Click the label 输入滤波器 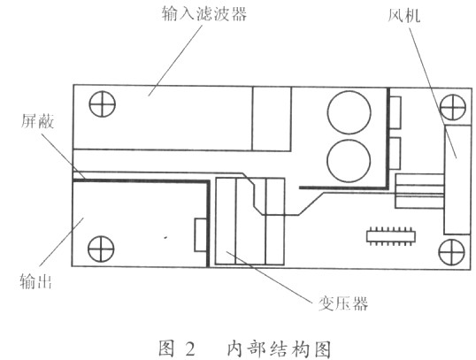click(204, 14)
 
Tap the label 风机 click(404, 14)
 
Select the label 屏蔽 click(37, 121)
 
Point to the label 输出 click(35, 280)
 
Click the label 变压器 click(343, 303)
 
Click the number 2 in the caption click(190, 349)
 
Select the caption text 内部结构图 click(279, 349)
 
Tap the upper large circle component click(349, 112)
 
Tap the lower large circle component click(349, 161)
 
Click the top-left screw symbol click(103, 103)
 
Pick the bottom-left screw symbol click(101, 249)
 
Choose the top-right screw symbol click(453, 107)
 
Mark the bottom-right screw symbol click(452, 252)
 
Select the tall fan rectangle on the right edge click(457, 180)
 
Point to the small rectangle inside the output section click(200, 235)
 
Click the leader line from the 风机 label click(433, 93)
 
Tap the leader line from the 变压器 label click(269, 276)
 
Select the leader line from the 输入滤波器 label click(175, 60)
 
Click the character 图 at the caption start click(167, 349)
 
